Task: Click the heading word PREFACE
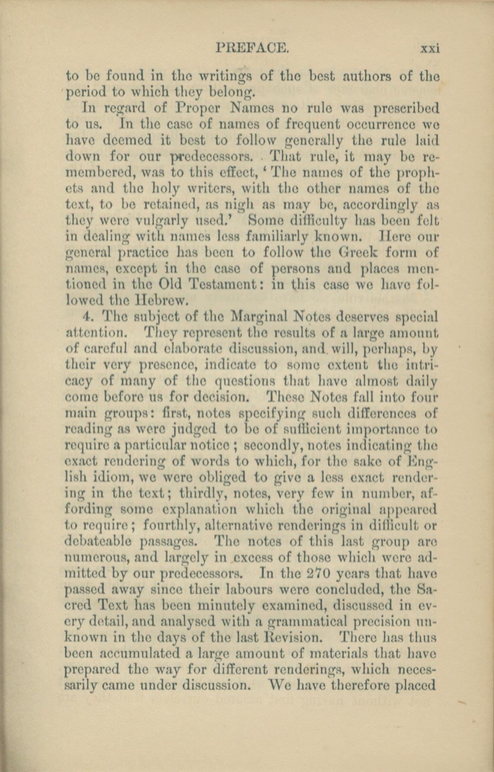[252, 48]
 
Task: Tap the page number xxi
[430, 49]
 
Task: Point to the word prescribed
[407, 109]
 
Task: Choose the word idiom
[113, 477]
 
